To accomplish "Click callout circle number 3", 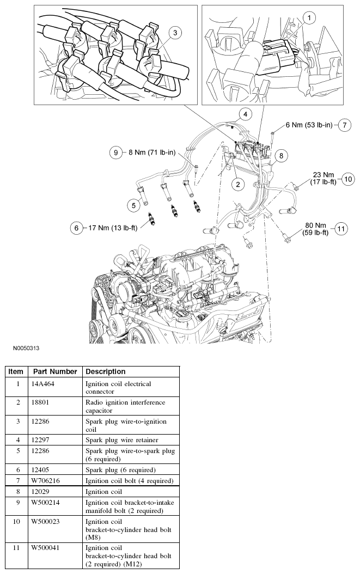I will tap(174, 33).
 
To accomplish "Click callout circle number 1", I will tap(309, 19).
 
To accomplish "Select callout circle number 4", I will tap(246, 114).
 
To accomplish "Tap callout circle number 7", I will tap(344, 125).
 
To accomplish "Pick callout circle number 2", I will tap(237, 185).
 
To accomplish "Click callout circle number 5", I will tap(133, 205).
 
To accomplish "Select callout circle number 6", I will tap(77, 228).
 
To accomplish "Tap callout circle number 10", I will tap(348, 179).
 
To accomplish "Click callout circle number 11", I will tap(341, 229).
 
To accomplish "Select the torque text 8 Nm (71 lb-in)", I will tap(152, 153).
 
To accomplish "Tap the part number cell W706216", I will tap(47, 481).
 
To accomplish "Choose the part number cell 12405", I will tap(42, 469).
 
